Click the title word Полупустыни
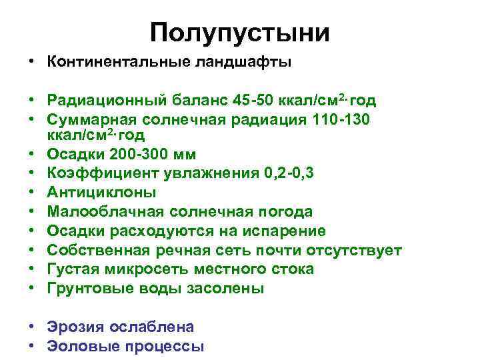click(x=239, y=33)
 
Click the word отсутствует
click(x=354, y=250)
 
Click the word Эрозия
click(x=73, y=327)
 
